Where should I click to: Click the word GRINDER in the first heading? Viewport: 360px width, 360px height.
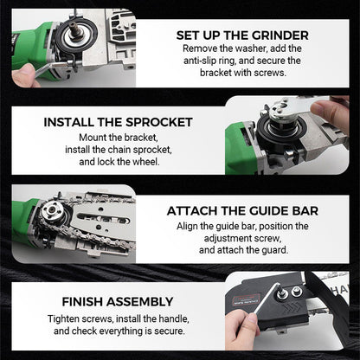[x=274, y=35]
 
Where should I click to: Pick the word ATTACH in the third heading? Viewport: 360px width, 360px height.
[x=197, y=210]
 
